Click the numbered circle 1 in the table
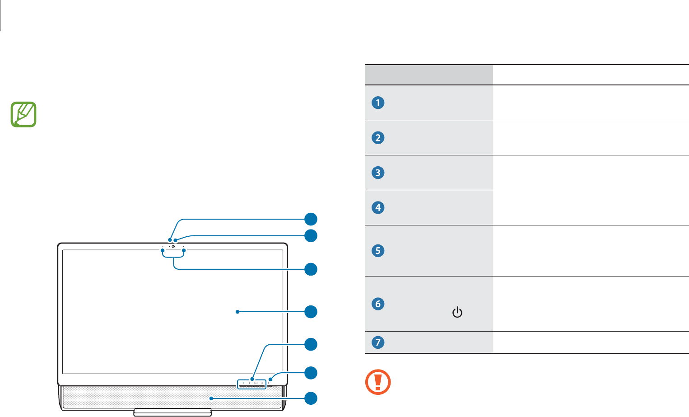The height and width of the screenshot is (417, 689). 378,103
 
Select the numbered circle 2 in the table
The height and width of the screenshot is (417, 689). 378,137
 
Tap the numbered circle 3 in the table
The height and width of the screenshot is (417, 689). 378,173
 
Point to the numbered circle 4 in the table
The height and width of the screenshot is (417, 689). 378,207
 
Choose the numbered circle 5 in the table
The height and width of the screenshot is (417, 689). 378,250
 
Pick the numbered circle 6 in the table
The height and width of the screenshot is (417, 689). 378,304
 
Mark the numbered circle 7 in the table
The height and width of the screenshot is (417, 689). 378,342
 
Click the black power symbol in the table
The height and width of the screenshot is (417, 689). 457,312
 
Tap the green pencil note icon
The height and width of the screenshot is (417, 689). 23,114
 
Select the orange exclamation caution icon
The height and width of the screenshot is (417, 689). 378,382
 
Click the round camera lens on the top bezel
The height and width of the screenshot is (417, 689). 173,247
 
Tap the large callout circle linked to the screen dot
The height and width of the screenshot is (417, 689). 311,312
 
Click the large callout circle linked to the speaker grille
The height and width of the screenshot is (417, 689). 311,398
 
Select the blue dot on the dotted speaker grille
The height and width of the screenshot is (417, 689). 210,398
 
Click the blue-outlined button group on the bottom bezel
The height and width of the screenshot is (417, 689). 251,384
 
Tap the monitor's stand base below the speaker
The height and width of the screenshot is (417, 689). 172,412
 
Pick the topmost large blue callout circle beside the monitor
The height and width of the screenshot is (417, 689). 311,219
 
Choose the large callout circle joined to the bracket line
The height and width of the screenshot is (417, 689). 311,269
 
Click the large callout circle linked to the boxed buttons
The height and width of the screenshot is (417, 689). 311,344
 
